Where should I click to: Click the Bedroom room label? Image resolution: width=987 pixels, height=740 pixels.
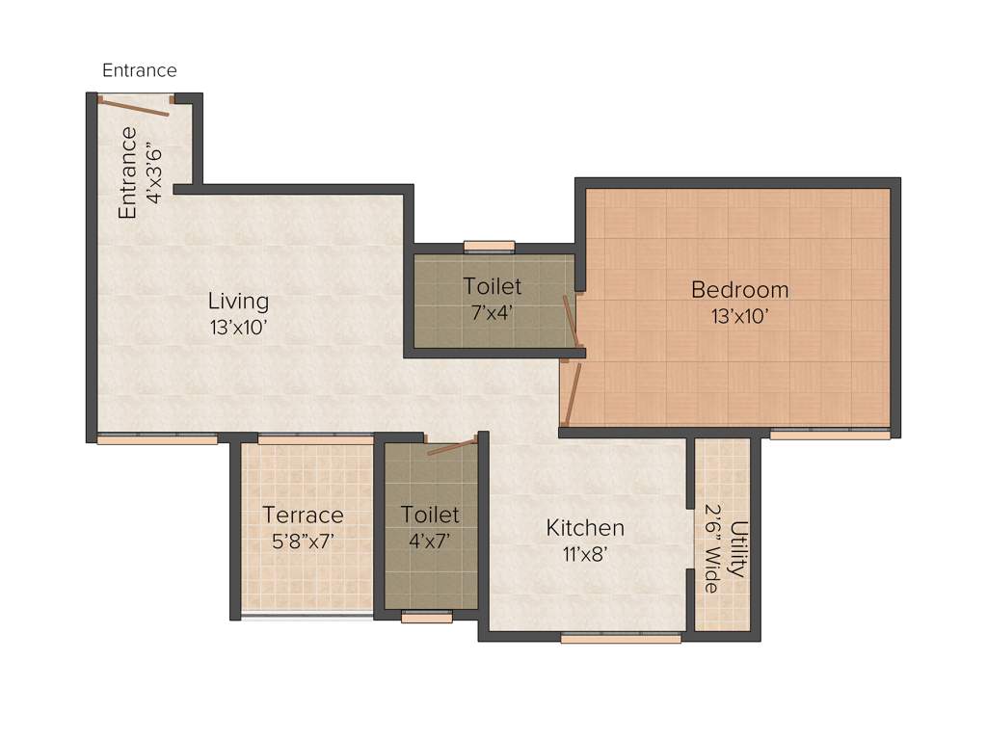[x=739, y=289]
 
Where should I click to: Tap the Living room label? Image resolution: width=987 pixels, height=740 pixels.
[x=239, y=302]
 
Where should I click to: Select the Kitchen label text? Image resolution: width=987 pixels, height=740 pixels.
[x=585, y=528]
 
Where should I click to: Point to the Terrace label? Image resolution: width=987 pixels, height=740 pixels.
[x=303, y=515]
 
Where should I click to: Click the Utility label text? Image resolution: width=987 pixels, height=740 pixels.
[x=738, y=549]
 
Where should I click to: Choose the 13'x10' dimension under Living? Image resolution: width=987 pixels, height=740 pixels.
[x=239, y=328]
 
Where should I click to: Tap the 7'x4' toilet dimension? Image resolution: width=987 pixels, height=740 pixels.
[x=492, y=312]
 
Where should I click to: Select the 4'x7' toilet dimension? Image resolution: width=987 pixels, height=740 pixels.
[x=430, y=542]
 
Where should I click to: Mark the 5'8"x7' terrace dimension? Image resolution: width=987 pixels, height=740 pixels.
[x=303, y=542]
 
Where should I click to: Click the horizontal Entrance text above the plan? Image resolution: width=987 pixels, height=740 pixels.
[x=140, y=70]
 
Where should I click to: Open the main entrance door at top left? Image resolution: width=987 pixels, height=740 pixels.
[x=135, y=106]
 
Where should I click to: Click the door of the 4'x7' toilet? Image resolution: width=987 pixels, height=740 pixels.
[x=452, y=446]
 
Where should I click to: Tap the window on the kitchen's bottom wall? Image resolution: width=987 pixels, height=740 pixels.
[x=621, y=638]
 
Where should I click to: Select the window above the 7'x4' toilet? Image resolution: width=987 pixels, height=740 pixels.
[x=489, y=246]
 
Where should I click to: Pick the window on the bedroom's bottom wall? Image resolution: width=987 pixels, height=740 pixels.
[x=830, y=435]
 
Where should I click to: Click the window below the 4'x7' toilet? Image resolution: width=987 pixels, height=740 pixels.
[x=426, y=618]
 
